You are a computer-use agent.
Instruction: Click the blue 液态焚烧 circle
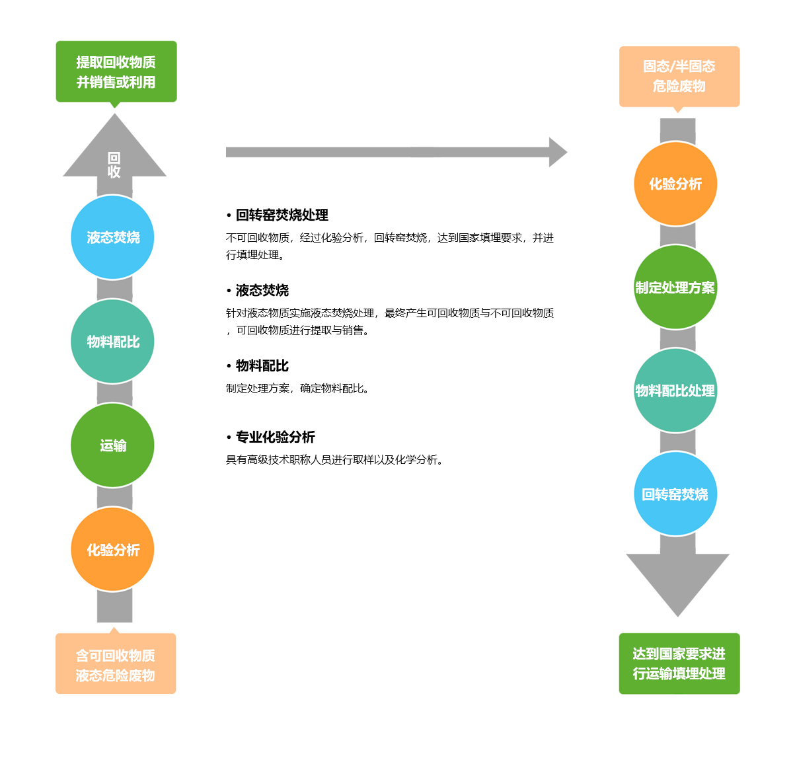pyautogui.click(x=112, y=237)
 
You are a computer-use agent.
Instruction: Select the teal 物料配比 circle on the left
pyautogui.click(x=112, y=341)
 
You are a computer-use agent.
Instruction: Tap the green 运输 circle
pyautogui.click(x=112, y=445)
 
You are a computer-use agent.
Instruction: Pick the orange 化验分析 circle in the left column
pyautogui.click(x=112, y=549)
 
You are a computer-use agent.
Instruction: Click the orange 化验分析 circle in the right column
pyautogui.click(x=675, y=184)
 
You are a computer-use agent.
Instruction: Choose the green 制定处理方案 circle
pyautogui.click(x=675, y=287)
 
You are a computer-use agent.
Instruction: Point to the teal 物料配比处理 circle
pyautogui.click(x=675, y=391)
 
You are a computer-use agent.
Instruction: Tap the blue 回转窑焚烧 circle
pyautogui.click(x=675, y=494)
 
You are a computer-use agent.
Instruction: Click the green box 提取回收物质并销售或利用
pyautogui.click(x=116, y=71)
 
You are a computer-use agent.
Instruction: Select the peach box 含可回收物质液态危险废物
pyautogui.click(x=116, y=664)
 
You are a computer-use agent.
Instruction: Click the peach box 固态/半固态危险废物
pyautogui.click(x=679, y=76)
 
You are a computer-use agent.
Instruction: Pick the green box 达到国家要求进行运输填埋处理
pyautogui.click(x=679, y=663)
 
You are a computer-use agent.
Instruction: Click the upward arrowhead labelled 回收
pyautogui.click(x=114, y=155)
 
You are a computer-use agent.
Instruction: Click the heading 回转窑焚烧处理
pyautogui.click(x=282, y=215)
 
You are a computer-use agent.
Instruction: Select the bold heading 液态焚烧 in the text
pyautogui.click(x=262, y=290)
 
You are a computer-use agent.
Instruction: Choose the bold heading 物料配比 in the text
pyautogui.click(x=262, y=365)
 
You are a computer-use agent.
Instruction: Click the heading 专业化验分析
pyautogui.click(x=275, y=437)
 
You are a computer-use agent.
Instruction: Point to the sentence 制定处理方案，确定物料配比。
pyautogui.click(x=299, y=389)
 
